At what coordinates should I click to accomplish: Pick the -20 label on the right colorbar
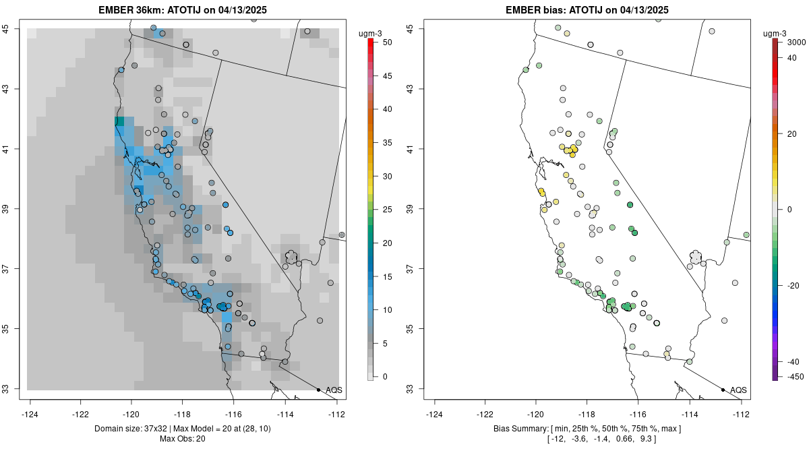click(793, 285)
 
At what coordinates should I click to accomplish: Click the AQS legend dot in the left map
click(318, 390)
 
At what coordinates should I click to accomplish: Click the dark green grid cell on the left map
click(119, 121)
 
